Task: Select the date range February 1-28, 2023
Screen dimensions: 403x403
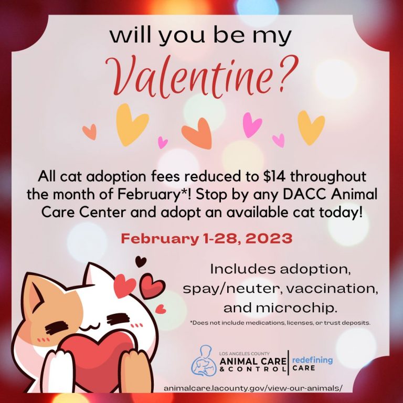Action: click(207, 239)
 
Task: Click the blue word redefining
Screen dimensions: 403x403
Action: click(312, 360)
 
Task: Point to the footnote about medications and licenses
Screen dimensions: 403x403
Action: click(280, 323)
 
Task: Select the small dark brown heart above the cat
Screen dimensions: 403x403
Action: click(141, 262)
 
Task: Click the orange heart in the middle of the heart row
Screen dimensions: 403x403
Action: click(197, 133)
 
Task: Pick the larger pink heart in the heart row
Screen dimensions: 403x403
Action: click(252, 125)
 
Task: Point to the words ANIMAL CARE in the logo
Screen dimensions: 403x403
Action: click(252, 362)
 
